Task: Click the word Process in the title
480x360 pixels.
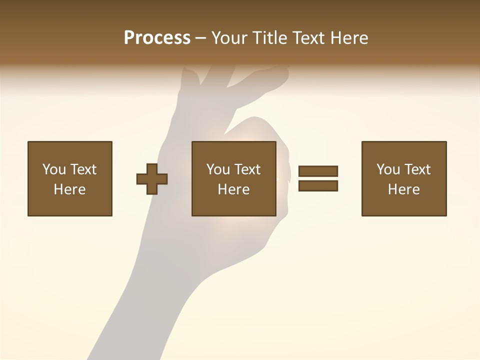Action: pyautogui.click(x=157, y=38)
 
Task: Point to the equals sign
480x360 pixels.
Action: pyautogui.click(x=318, y=178)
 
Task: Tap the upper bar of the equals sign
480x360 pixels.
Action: pyautogui.click(x=318, y=171)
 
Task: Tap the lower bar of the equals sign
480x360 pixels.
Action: pyautogui.click(x=318, y=186)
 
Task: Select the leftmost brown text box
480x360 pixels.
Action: pyautogui.click(x=70, y=178)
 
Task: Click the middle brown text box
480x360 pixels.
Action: pyautogui.click(x=233, y=178)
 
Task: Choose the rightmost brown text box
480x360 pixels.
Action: pyautogui.click(x=404, y=178)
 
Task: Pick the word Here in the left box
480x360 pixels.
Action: pyautogui.click(x=69, y=189)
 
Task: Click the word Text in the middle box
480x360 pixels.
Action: pyautogui.click(x=247, y=169)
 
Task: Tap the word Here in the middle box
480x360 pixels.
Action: pyautogui.click(x=233, y=189)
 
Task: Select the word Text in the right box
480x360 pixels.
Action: pyautogui.click(x=417, y=169)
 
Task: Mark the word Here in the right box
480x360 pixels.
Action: pyautogui.click(x=403, y=189)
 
